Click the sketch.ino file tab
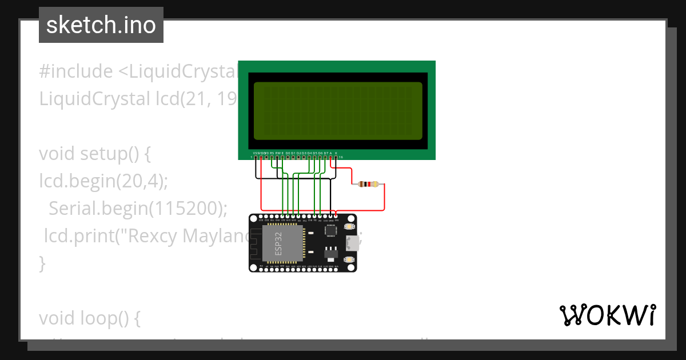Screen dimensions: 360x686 101,25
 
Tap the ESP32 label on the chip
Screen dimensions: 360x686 278,243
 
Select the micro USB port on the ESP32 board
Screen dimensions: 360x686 354,243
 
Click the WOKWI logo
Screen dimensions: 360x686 608,315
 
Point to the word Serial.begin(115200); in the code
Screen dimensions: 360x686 138,209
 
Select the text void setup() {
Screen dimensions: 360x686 94,154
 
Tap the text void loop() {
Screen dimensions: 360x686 90,319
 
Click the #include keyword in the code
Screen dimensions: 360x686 76,72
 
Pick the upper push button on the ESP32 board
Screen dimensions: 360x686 349,227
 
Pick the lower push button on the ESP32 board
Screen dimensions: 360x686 349,260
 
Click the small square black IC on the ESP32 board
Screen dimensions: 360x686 330,230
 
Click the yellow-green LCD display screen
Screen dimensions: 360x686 338,111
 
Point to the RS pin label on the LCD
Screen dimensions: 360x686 272,153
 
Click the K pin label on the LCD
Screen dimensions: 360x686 336,153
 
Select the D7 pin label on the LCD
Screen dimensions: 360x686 325,153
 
